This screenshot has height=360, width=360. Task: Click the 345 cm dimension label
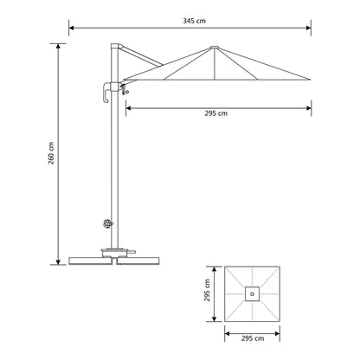pyautogui.click(x=195, y=21)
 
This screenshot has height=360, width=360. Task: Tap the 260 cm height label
pyautogui.click(x=51, y=153)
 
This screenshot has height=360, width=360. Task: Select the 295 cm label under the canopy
pyautogui.click(x=216, y=113)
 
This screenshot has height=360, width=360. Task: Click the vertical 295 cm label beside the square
pyautogui.click(x=207, y=291)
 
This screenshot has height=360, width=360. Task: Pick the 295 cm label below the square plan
pyautogui.click(x=253, y=338)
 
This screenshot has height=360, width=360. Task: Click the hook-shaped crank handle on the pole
pyautogui.click(x=106, y=93)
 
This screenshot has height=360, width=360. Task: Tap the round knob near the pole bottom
pyautogui.click(x=108, y=223)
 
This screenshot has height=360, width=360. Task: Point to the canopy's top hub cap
pyautogui.click(x=215, y=47)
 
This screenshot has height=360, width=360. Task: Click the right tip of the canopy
pyautogui.click(x=311, y=80)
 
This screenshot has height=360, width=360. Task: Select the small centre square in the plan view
pyautogui.click(x=252, y=294)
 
